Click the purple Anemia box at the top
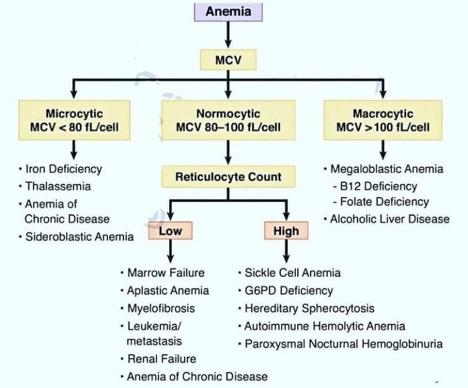[228, 11]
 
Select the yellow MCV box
[228, 60]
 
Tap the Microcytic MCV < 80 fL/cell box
[74, 119]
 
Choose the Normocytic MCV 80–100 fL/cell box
[227, 119]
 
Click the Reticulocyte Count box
[227, 176]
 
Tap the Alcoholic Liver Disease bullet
[389, 218]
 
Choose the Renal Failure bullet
[161, 358]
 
